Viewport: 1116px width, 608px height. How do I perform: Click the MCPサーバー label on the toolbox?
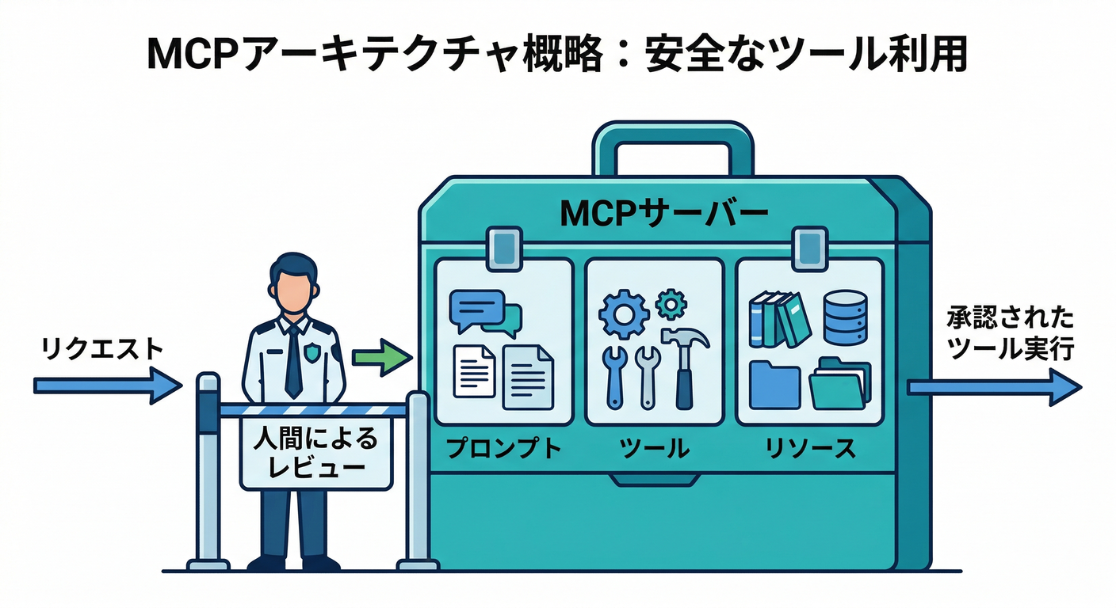tap(663, 213)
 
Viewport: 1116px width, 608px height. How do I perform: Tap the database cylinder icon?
tap(845, 317)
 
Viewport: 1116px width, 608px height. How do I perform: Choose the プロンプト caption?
tap(503, 450)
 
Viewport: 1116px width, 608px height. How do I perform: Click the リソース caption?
tap(809, 450)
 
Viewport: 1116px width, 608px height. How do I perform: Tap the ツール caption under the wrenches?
tap(654, 450)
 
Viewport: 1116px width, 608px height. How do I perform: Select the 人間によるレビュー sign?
tap(316, 453)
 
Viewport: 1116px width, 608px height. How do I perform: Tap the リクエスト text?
tap(101, 348)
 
